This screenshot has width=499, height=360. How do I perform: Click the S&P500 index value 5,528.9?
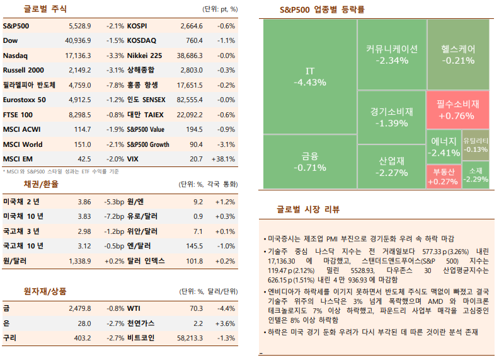[80, 26]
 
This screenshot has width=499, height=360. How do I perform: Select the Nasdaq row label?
[15, 55]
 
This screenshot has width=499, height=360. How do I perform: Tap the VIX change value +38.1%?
[224, 159]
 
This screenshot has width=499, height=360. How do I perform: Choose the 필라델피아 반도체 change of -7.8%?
[115, 85]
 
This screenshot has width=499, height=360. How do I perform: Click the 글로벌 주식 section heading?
[45, 9]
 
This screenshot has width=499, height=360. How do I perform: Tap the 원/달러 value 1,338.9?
[80, 260]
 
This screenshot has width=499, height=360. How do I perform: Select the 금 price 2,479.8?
[80, 308]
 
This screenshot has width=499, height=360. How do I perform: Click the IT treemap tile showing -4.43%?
[310, 76]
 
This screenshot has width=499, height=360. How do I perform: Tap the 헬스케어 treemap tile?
[458, 54]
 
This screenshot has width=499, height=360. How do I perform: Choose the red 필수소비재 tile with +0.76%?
[458, 109]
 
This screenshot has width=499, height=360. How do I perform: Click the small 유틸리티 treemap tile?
[476, 144]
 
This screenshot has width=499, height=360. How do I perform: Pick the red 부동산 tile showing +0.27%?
[444, 176]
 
